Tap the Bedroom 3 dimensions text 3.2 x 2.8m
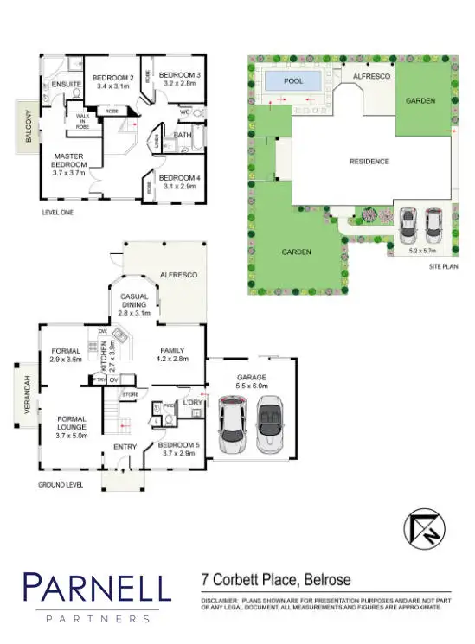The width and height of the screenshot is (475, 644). (x=180, y=86)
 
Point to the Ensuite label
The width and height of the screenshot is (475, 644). (x=66, y=85)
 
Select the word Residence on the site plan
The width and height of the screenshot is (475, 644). (x=369, y=162)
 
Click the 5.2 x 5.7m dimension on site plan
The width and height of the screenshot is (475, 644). (x=424, y=251)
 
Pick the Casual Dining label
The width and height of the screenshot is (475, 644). (x=134, y=301)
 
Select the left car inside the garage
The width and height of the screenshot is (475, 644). (x=233, y=426)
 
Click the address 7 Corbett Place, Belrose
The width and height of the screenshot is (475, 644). (x=275, y=580)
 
